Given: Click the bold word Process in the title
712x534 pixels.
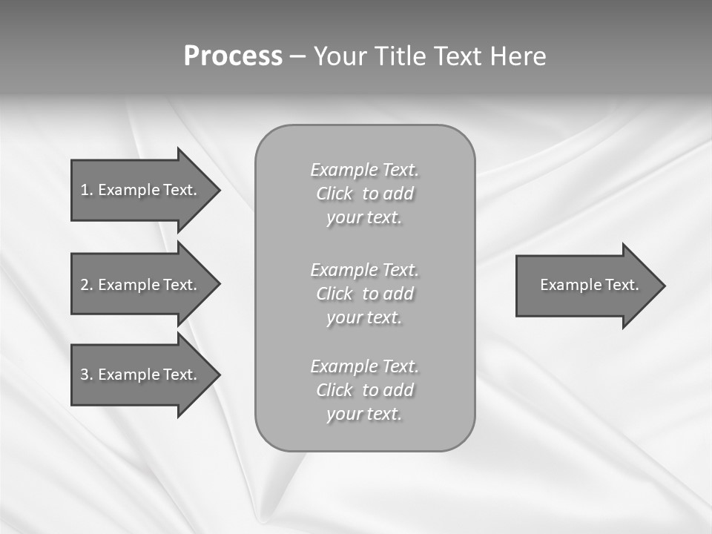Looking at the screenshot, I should point(233,56).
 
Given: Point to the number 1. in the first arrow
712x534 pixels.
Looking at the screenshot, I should point(86,190).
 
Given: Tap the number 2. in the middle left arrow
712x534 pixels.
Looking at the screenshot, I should point(86,285).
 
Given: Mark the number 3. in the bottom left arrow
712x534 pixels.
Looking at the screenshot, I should point(86,375).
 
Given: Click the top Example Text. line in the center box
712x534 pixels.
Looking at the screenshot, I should point(364,170).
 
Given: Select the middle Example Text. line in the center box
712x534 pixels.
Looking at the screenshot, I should point(364,269).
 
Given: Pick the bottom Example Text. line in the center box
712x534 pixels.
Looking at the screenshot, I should point(364,366).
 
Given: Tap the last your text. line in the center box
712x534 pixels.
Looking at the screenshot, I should point(364,414).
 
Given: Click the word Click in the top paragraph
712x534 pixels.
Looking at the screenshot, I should point(334,194).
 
